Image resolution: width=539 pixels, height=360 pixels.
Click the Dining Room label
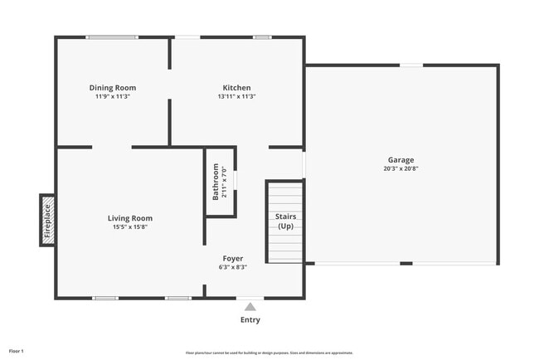pos(113,87)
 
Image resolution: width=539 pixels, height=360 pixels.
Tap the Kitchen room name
pos(236,87)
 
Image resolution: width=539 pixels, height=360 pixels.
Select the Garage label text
pos(401,160)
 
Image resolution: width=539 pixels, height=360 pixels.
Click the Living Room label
pos(130,218)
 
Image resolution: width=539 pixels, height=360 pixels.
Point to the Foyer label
pos(232,258)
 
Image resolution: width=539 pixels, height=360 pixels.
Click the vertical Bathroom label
pos(216,182)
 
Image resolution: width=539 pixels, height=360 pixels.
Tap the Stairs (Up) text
pos(285,221)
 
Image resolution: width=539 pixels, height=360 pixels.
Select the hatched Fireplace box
pos(47,220)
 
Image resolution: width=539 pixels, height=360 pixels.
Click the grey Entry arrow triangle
pos(250,307)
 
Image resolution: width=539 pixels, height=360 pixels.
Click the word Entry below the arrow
pos(250,319)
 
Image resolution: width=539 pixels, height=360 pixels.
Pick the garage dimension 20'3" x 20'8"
pos(401,169)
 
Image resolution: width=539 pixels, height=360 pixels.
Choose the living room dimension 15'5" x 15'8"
pos(130,227)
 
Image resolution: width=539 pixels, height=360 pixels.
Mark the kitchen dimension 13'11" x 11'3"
pos(236,96)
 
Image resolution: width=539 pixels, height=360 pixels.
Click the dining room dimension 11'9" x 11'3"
pos(113,96)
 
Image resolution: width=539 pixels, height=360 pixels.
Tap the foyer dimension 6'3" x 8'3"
pos(232,267)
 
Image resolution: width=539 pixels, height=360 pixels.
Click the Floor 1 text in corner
pos(17,351)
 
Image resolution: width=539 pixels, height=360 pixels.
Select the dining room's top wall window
pos(113,36)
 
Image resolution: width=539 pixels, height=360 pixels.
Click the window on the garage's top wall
pos(411,65)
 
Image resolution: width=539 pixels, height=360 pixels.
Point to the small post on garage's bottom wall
pos(405,264)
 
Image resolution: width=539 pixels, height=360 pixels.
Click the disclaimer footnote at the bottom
pos(269,353)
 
